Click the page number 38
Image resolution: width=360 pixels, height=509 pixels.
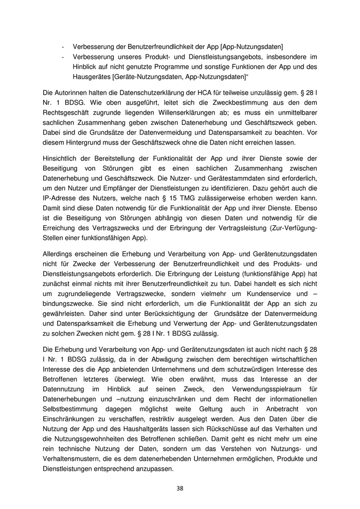click(x=179, y=488)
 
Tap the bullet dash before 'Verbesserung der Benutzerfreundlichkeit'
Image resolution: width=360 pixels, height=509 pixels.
click(x=63, y=46)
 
